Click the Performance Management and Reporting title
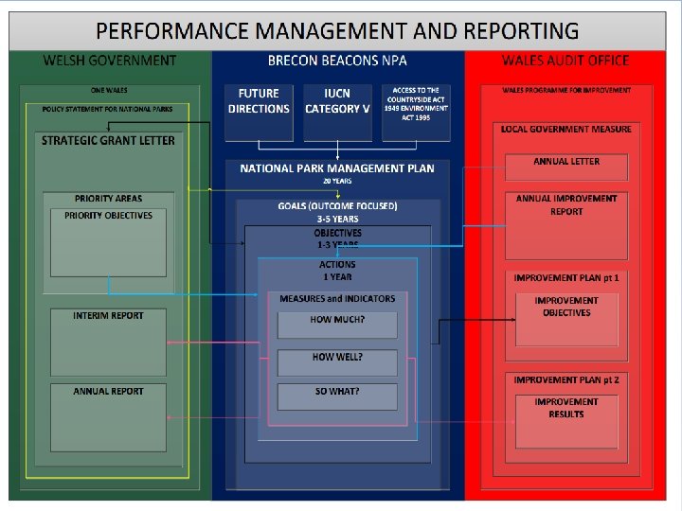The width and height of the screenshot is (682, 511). (336, 31)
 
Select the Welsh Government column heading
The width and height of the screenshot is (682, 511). (109, 61)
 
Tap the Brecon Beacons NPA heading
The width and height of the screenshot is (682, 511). (337, 61)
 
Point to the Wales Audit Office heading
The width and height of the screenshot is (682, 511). (565, 61)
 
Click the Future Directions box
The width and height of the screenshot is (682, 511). (259, 112)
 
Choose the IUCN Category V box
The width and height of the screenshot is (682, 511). (337, 112)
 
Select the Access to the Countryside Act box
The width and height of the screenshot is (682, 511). (417, 112)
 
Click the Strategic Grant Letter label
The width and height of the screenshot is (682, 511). (108, 141)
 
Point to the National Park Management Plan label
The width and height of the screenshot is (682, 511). (337, 168)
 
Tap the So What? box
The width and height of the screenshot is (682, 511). (337, 396)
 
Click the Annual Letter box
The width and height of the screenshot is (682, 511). (566, 165)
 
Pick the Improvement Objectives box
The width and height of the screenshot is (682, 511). (566, 318)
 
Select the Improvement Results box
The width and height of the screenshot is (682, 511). (566, 420)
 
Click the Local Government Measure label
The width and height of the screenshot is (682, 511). (566, 129)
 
